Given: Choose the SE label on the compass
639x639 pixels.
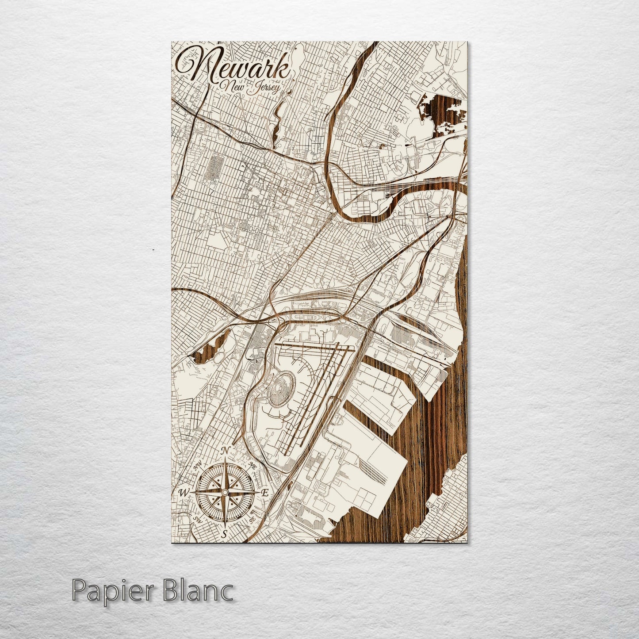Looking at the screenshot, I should tap(253, 520).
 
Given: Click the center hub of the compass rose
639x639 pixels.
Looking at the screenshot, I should tap(225, 493).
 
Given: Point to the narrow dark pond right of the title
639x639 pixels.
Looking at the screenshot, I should tap(277, 122).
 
